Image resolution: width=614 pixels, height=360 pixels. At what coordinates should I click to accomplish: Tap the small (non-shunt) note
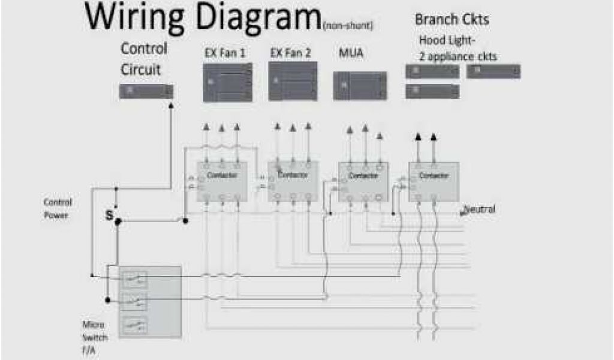(347, 26)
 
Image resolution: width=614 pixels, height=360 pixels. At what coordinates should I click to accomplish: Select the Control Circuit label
(144, 59)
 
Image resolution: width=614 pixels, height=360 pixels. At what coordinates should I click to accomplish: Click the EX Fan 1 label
(225, 53)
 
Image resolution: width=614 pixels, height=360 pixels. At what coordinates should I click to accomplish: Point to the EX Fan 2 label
(291, 53)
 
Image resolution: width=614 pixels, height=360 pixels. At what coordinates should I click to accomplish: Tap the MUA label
(351, 53)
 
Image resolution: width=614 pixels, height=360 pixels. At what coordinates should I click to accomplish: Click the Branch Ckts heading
(452, 19)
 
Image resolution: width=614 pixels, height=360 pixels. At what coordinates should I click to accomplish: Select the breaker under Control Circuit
(146, 91)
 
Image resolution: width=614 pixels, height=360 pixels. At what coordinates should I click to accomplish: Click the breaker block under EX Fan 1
(227, 82)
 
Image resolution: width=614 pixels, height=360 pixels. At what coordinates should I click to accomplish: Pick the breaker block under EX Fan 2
(293, 81)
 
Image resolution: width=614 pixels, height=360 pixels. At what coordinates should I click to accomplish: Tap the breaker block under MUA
(359, 86)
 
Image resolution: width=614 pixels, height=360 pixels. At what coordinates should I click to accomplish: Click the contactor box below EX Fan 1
(221, 181)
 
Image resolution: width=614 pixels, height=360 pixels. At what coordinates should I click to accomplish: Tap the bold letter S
(109, 214)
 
